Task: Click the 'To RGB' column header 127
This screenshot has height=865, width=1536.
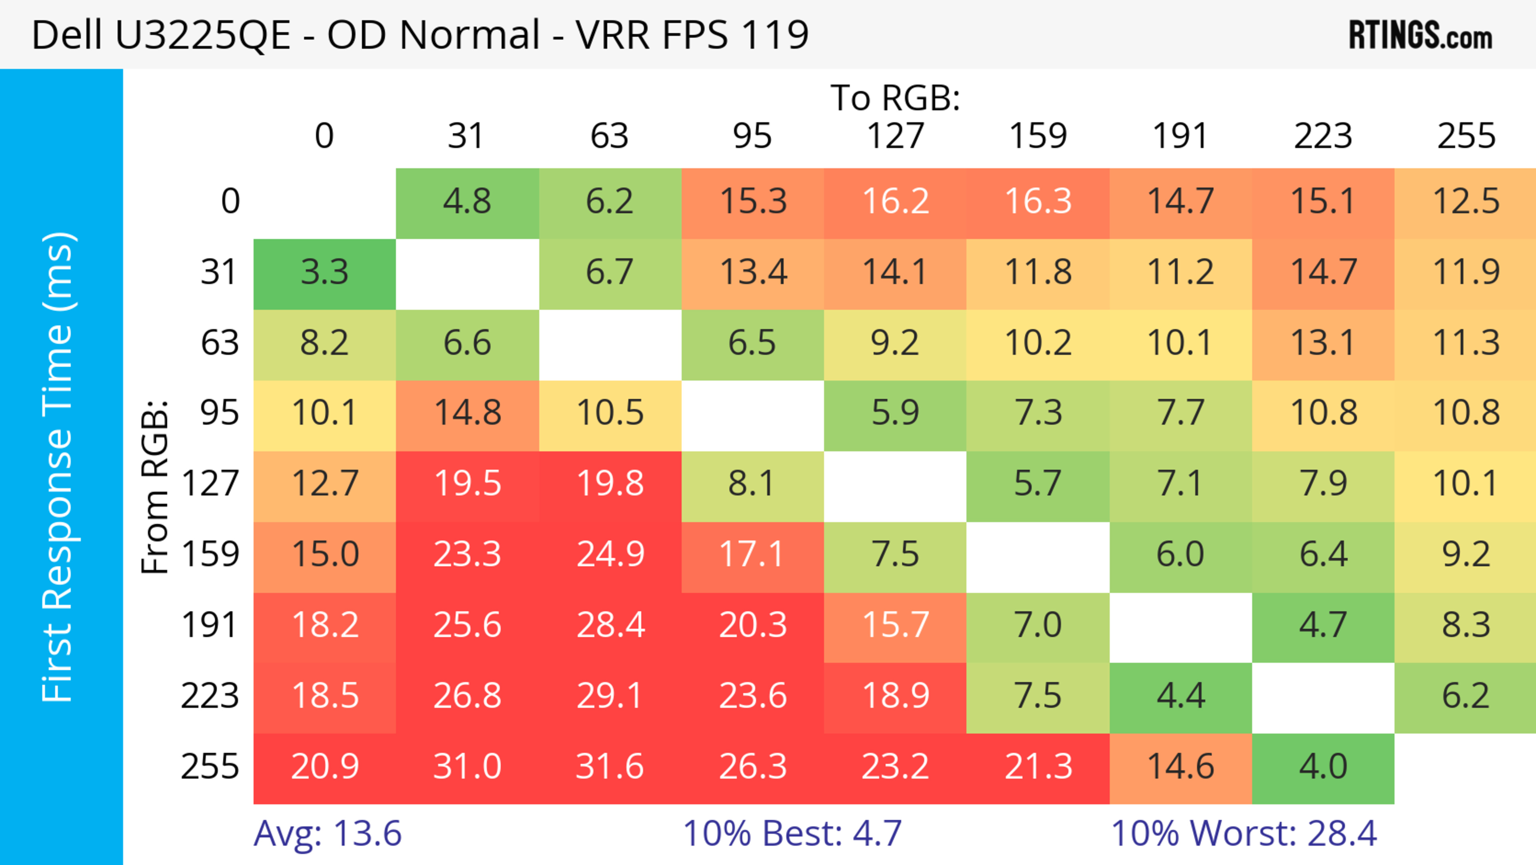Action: click(895, 136)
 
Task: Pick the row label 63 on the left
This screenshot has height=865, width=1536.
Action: click(220, 343)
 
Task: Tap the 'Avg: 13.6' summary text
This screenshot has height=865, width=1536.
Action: click(327, 833)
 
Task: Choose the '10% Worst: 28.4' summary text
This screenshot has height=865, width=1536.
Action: click(1244, 833)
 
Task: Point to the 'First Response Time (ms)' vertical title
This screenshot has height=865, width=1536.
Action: click(58, 466)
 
